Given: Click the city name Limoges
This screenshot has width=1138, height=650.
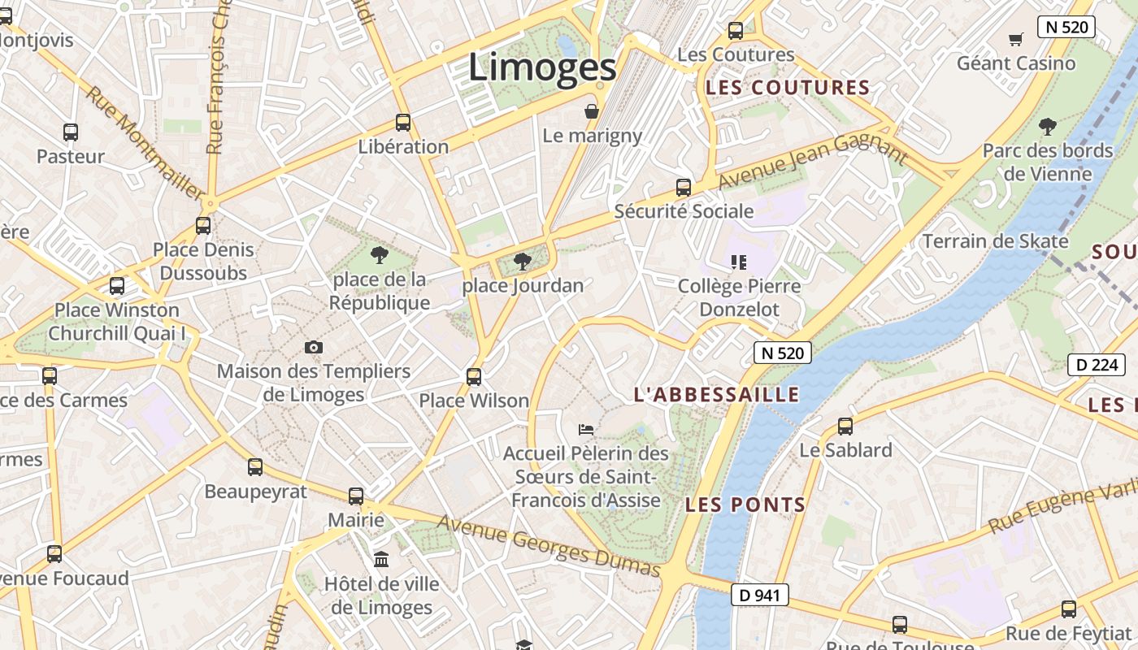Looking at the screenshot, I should (542, 67).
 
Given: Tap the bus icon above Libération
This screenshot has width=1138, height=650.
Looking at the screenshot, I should (403, 123).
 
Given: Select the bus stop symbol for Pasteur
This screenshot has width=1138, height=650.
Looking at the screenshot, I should (71, 132).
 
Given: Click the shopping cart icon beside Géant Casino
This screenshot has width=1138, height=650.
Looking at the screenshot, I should (1015, 39).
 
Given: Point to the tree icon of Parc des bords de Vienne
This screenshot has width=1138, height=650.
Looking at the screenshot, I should (1047, 127).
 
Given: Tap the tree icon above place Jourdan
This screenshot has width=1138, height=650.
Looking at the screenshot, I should (522, 262).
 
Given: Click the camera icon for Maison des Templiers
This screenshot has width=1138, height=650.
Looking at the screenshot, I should (314, 348).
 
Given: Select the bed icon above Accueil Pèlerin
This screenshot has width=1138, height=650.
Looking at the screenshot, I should (585, 429).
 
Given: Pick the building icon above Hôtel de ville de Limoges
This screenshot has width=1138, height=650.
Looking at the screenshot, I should (380, 559).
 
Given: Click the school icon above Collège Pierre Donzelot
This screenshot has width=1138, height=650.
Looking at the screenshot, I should (738, 262).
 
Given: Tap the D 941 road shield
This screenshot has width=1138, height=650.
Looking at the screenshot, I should (759, 595).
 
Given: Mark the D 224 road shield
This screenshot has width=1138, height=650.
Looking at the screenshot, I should (1097, 365).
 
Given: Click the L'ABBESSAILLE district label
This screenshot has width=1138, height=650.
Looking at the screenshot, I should (716, 395).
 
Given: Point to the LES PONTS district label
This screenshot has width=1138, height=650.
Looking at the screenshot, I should (745, 505).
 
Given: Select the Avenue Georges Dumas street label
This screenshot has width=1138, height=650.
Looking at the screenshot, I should (549, 546).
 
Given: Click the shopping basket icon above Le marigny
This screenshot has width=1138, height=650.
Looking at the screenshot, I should (592, 111).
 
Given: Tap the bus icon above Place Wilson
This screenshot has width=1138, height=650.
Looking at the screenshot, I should (474, 377).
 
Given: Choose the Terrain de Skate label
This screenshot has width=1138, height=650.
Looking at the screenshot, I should (995, 241).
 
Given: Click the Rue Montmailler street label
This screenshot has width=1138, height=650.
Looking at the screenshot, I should (144, 143).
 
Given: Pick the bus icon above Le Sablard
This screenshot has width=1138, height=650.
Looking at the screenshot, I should (845, 426).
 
